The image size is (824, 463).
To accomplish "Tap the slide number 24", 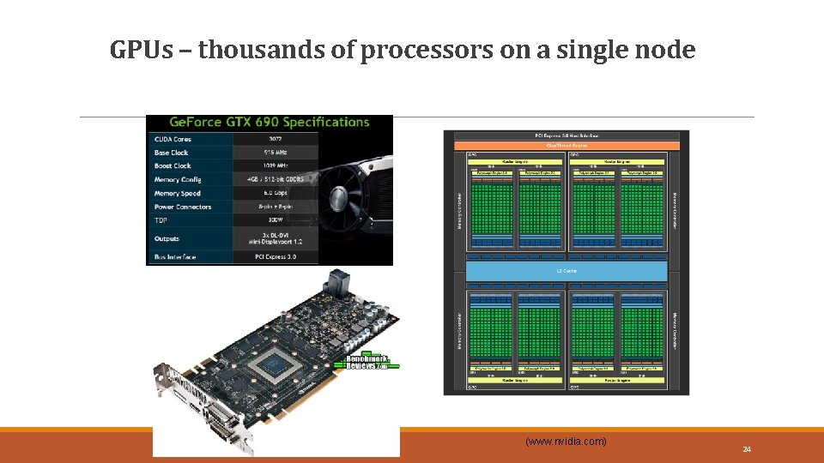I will [x=747, y=449].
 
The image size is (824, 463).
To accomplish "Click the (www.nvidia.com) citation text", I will [x=566, y=442].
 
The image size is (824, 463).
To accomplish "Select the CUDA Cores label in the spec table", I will [x=173, y=139].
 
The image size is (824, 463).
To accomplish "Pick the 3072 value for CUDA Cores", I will [x=276, y=139].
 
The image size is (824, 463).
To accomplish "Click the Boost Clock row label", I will [x=173, y=165].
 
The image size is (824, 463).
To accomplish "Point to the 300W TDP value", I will [x=276, y=220].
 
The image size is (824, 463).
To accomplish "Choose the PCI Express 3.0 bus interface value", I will [x=276, y=256].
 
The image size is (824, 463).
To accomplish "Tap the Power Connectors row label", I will [x=182, y=207].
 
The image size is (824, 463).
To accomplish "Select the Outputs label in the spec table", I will [x=167, y=238].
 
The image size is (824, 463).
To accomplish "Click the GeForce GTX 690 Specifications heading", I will [x=270, y=122].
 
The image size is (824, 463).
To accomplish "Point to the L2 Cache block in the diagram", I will [x=566, y=271].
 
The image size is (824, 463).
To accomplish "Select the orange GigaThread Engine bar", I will [x=566, y=146].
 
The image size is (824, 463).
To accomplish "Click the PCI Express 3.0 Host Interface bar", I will [x=566, y=135].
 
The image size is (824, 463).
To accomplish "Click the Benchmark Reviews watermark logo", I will [x=367, y=361].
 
